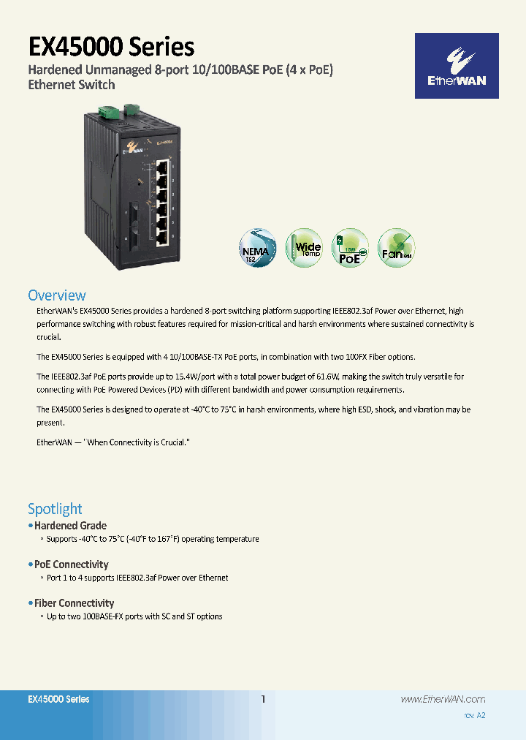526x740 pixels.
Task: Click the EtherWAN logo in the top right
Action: pos(457,66)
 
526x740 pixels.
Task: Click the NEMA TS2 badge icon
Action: pos(259,247)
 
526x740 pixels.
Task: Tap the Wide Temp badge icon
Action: pos(305,247)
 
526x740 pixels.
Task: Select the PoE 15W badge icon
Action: pos(350,247)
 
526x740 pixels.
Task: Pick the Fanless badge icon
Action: pos(397,247)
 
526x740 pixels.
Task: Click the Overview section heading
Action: pos(57,295)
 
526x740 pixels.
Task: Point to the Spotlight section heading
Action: pos(55,509)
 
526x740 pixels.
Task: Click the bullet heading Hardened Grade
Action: pos(70,526)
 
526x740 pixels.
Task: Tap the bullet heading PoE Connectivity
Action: pos(72,565)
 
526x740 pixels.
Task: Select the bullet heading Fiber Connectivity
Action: pos(75,603)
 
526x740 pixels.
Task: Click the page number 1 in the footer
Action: pos(264,700)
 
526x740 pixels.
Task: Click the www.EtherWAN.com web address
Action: pos(443,700)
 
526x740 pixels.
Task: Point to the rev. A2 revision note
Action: pos(474,715)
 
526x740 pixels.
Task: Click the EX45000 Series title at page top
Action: pos(111,47)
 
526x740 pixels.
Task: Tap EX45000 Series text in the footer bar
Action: pos(58,700)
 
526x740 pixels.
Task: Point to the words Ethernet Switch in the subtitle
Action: pos(71,85)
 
